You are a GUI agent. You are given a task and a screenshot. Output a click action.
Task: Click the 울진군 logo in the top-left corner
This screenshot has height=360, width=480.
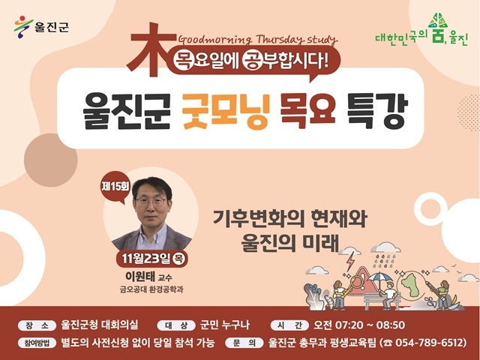pos(41,27)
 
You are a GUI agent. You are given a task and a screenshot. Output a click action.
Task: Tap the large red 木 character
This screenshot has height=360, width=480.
pos(150,50)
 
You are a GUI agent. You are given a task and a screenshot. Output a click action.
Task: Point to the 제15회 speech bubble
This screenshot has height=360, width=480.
pos(115,187)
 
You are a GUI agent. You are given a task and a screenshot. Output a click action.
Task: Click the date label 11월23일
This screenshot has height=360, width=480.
pos(145,259)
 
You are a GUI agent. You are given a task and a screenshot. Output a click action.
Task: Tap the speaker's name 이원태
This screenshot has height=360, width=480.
pos(140,276)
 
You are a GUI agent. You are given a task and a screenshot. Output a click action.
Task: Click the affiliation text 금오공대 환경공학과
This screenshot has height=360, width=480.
pos(151,289)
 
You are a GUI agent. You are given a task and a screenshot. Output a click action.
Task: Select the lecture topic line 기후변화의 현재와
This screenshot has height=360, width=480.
pos(289,218)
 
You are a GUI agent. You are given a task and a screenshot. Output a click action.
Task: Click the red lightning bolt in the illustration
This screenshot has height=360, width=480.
pos(350,262)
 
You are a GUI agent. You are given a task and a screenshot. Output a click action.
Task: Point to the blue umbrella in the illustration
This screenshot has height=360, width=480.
pos(380,278)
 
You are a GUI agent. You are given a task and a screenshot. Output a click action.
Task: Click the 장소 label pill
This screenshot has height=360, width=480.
pos(37,325)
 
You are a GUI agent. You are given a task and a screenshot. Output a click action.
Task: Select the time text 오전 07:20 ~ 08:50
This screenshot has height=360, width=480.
pos(358,325)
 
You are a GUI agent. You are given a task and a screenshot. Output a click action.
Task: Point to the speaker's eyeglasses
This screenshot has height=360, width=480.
pos(151,202)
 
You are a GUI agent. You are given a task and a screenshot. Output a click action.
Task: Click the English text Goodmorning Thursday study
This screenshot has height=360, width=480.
pos(257,40)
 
